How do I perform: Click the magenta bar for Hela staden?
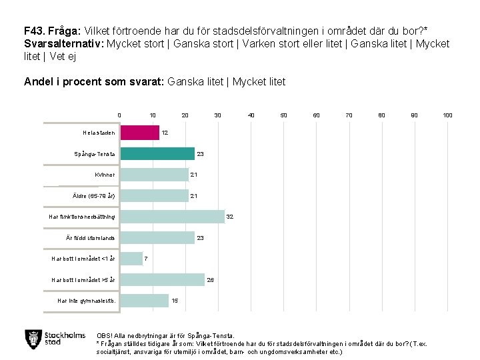pyautogui.click(x=140, y=133)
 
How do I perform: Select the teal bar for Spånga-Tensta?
pyautogui.click(x=157, y=154)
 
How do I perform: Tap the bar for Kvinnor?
pyautogui.click(x=155, y=175)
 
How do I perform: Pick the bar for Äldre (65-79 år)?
pyautogui.click(x=155, y=196)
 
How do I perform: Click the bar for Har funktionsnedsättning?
pyautogui.click(x=173, y=217)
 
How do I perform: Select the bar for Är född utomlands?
pyautogui.click(x=157, y=238)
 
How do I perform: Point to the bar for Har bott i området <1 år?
pyautogui.click(x=132, y=259)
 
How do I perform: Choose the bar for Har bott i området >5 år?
pyautogui.click(x=163, y=280)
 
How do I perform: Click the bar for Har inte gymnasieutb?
pyautogui.click(x=145, y=301)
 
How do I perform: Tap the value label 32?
pyautogui.click(x=230, y=217)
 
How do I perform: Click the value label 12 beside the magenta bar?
pyautogui.click(x=165, y=133)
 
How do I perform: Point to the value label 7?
pyautogui.click(x=147, y=259)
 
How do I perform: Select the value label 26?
pyautogui.click(x=211, y=280)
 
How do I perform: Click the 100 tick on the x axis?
pyautogui.click(x=448, y=115)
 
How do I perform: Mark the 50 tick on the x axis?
pyautogui.click(x=283, y=115)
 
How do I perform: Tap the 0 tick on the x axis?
pyautogui.click(x=119, y=115)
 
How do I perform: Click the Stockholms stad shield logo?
pyautogui.click(x=33, y=339)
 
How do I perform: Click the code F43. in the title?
pyautogui.click(x=35, y=31)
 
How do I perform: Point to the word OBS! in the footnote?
pyautogui.click(x=105, y=336)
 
